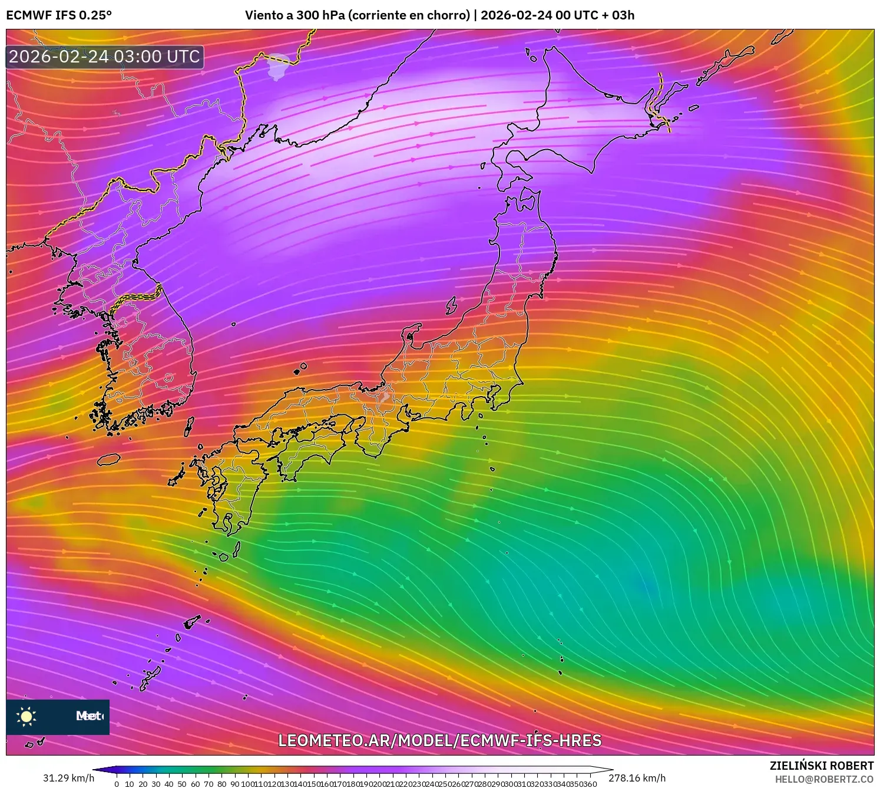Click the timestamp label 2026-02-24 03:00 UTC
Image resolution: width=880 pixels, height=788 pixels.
104,57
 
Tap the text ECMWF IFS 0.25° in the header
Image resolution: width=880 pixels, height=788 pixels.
59,15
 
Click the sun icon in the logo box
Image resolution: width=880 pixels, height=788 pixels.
27,716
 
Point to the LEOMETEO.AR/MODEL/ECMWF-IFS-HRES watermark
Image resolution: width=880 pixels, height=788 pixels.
439,740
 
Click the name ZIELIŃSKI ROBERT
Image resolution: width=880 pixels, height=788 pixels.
821,766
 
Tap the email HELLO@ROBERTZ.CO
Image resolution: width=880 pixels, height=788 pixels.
823,779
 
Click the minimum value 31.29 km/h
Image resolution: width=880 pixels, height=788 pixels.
68,778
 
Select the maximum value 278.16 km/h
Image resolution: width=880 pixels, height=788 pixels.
637,778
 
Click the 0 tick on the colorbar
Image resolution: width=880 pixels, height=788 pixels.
117,784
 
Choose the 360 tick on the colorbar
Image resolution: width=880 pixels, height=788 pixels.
591,784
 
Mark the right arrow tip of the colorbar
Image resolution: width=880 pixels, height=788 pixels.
612,770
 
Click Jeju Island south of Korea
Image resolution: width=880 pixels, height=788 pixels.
109,459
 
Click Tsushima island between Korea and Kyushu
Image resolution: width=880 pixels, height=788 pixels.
189,426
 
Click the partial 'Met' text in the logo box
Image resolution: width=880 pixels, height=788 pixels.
89,716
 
